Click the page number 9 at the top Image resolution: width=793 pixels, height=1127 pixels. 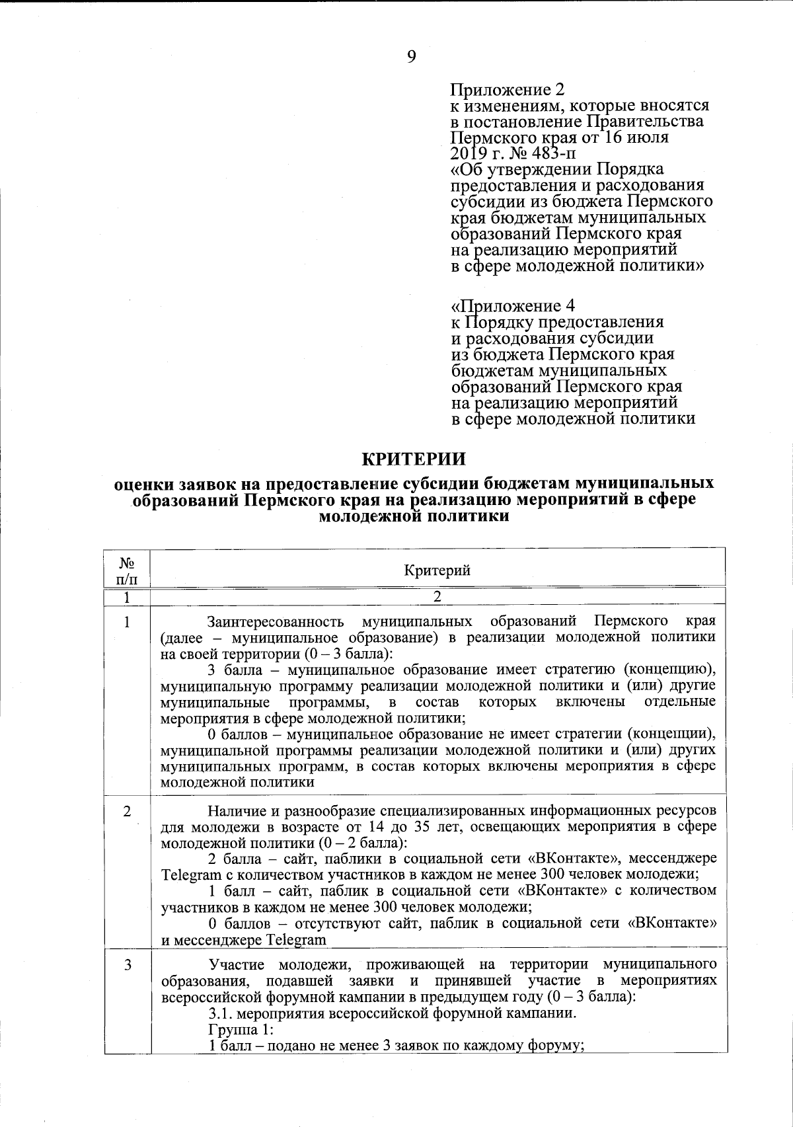(412, 58)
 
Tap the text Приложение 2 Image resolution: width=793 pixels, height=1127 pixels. (507, 89)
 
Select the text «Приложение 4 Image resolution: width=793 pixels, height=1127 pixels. (512, 305)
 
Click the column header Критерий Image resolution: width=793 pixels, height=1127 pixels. (437, 570)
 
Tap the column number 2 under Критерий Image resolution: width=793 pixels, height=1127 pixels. (437, 596)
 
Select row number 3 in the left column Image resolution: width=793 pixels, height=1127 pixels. (127, 966)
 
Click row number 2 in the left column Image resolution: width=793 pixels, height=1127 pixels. (127, 812)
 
